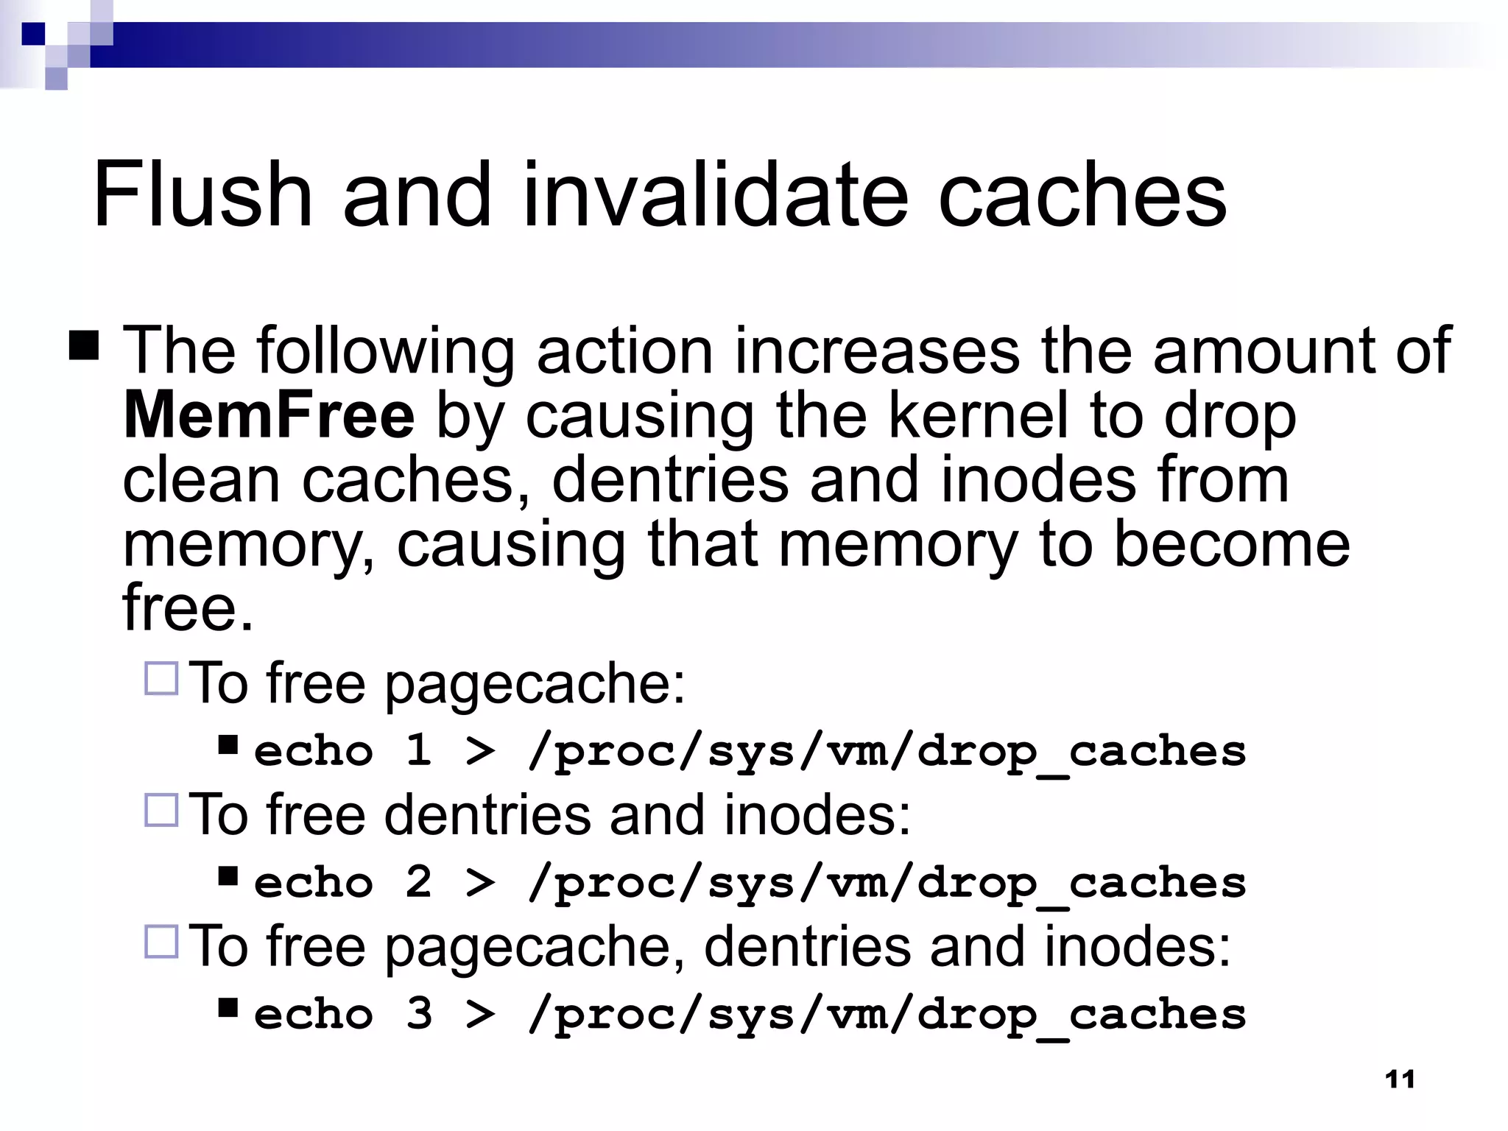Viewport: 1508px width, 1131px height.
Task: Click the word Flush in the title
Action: click(202, 195)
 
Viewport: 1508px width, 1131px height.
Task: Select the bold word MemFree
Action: click(269, 416)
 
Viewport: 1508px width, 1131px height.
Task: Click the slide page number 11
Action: click(1400, 1079)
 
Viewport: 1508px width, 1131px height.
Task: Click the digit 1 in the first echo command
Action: click(419, 751)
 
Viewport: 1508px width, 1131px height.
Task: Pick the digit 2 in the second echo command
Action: click(419, 882)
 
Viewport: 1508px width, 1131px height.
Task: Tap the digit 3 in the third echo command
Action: click(419, 1014)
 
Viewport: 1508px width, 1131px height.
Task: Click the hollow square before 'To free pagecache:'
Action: click(161, 679)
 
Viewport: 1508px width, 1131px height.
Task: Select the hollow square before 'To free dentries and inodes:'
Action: click(161, 810)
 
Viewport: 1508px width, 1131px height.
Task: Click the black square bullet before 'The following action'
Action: click(84, 345)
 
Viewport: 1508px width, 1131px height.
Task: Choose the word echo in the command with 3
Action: click(314, 1014)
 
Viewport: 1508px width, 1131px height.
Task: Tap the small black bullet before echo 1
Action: click(228, 745)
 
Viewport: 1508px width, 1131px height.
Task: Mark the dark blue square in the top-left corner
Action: click(33, 34)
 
